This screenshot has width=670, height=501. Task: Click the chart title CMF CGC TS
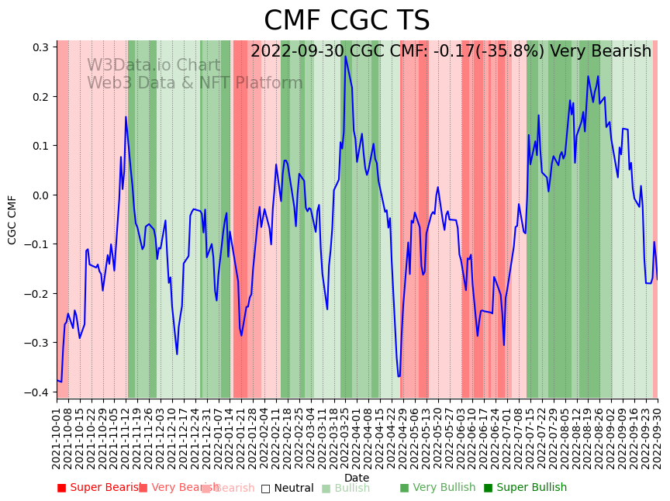click(x=347, y=21)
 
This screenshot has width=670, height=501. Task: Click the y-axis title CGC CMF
click(x=12, y=219)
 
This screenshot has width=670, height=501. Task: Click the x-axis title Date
click(x=357, y=478)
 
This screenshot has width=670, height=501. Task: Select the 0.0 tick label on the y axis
click(x=41, y=195)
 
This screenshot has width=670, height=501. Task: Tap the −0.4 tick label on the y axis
click(x=39, y=392)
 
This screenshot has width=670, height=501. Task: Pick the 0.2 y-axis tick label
click(x=41, y=97)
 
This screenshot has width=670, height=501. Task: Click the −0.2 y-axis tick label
click(x=39, y=294)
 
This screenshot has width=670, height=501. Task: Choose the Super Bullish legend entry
click(x=525, y=488)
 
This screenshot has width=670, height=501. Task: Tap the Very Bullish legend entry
click(x=437, y=488)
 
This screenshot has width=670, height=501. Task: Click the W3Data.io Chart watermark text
click(x=154, y=66)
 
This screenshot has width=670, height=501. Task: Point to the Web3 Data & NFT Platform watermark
click(x=195, y=84)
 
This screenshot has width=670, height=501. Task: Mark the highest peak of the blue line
click(x=346, y=57)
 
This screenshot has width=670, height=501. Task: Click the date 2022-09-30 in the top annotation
click(x=298, y=52)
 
